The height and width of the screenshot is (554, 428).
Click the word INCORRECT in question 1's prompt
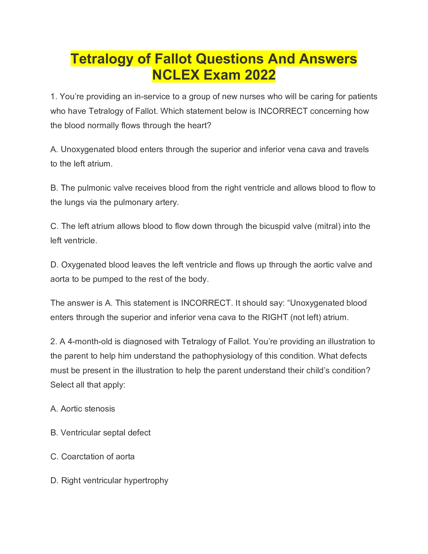283,111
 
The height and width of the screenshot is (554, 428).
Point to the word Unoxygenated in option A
87,149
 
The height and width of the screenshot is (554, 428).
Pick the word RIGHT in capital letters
275,317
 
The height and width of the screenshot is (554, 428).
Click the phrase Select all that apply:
88,385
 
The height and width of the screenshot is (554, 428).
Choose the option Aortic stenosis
87,409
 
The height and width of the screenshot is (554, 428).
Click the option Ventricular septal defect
105,433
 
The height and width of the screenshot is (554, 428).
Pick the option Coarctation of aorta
98,457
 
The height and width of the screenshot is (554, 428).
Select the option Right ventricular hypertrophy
114,481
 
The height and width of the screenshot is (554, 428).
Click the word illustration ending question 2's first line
345,342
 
